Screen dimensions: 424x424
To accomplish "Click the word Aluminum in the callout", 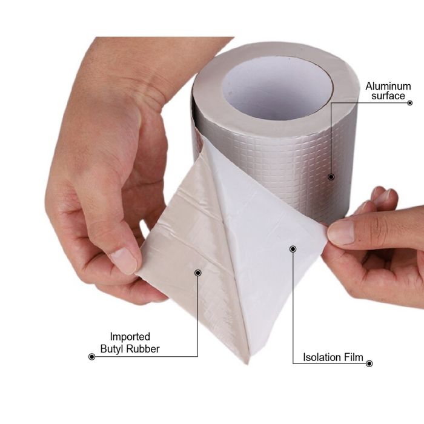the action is (388, 86).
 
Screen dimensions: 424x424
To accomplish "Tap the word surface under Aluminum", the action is (388, 96).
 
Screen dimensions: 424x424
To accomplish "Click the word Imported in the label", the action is (130, 337).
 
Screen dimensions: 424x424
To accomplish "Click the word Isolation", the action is (322, 357).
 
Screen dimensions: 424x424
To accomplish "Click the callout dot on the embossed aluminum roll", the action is (331, 177).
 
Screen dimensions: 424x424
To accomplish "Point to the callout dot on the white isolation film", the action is (293, 249).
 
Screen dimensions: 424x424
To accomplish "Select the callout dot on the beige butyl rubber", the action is (198, 273).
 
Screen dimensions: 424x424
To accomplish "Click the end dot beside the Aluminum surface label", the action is (409, 103).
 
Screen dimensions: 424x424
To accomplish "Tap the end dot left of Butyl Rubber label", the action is (91, 357).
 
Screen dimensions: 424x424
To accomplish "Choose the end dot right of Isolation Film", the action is (369, 363).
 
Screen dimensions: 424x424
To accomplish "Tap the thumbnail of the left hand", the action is (124, 260).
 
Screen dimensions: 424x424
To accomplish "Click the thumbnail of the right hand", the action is (341, 232).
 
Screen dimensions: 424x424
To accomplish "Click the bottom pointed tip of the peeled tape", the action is (247, 363).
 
